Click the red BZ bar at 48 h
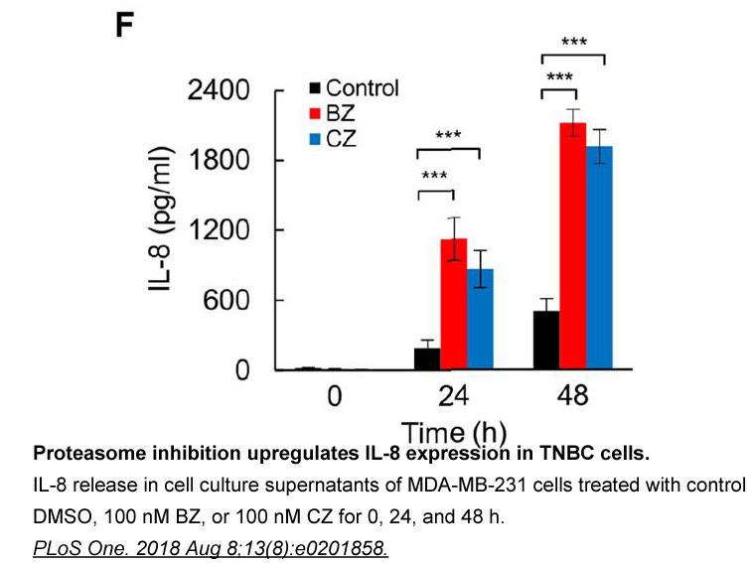pyautogui.click(x=573, y=245)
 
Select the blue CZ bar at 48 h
pyautogui.click(x=599, y=257)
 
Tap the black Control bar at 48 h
pyautogui.click(x=546, y=340)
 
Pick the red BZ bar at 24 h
pyautogui.click(x=454, y=304)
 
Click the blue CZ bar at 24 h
pyautogui.click(x=480, y=319)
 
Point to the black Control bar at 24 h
pyautogui.click(x=427, y=358)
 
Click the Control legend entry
pyautogui.click(x=354, y=88)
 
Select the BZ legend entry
pyautogui.click(x=333, y=113)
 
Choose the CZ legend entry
pyautogui.click(x=333, y=139)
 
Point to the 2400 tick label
pyautogui.click(x=219, y=89)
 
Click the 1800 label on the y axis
pyautogui.click(x=220, y=160)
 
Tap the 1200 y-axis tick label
pyautogui.click(x=220, y=230)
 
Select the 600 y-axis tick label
pyautogui.click(x=226, y=301)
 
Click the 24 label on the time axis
pyautogui.click(x=453, y=396)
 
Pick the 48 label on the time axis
pyautogui.click(x=573, y=396)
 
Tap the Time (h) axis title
pyautogui.click(x=454, y=432)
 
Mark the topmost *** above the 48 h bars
pyautogui.click(x=574, y=42)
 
